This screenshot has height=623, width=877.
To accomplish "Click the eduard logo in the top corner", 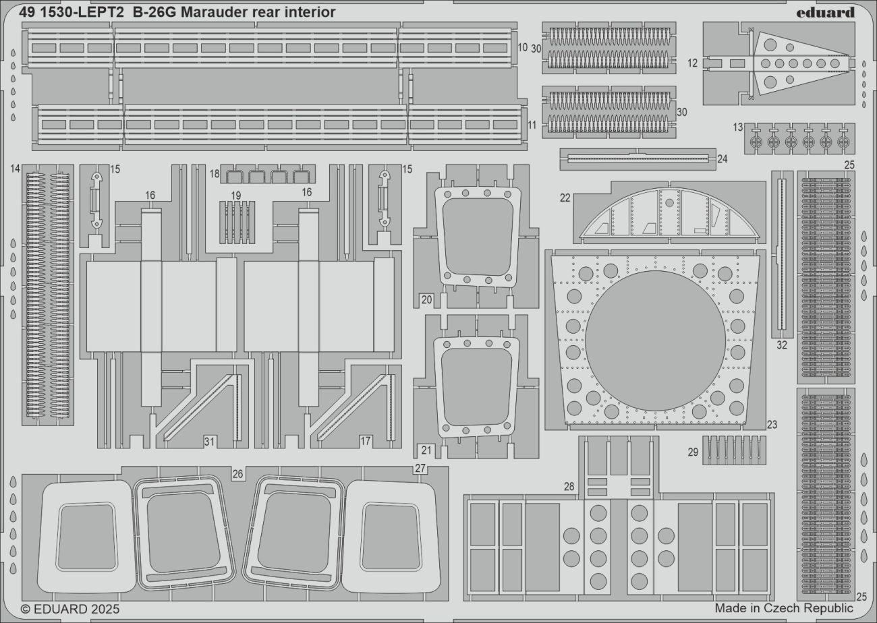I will coord(825,12).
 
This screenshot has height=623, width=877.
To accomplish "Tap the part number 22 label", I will coord(565,198).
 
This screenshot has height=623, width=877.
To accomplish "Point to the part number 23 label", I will coord(772,425).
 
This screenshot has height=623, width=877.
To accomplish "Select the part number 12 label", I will coord(692,63).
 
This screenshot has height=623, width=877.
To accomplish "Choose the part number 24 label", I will coord(723,159).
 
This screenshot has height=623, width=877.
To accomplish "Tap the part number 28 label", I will coord(569,486).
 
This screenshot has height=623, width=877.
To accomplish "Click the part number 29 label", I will coord(693,452).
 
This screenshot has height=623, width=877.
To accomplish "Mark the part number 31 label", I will coord(209,442).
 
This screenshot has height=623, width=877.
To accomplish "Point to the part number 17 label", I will coord(365,442).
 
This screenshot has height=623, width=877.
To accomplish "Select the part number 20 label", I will coord(426,299).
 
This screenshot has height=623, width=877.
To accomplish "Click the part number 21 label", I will coord(426,450).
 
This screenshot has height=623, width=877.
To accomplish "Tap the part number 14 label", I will coord(16,169).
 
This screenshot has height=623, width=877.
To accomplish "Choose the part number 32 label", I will coord(781,345).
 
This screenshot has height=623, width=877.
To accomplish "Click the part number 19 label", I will coord(235,196).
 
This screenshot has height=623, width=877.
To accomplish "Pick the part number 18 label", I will coord(215,174).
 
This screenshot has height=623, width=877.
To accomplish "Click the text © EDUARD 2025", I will coord(63,609).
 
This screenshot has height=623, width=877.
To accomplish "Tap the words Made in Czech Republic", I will coord(784,608).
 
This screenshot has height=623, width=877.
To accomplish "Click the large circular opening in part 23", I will coord(655,340).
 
